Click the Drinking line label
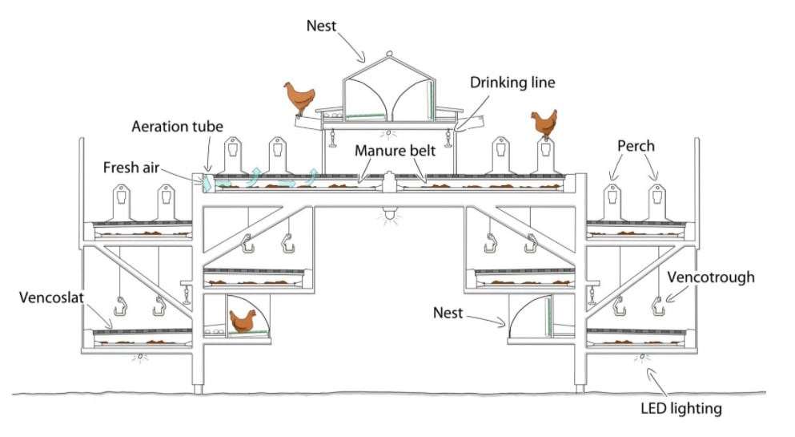tap(512, 83)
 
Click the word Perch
tap(636, 147)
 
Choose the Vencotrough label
tap(711, 277)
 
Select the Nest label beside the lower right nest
tap(448, 313)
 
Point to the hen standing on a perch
tap(544, 124)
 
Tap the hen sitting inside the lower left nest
tap(241, 321)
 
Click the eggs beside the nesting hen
tap(214, 330)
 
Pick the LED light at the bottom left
tap(142, 355)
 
